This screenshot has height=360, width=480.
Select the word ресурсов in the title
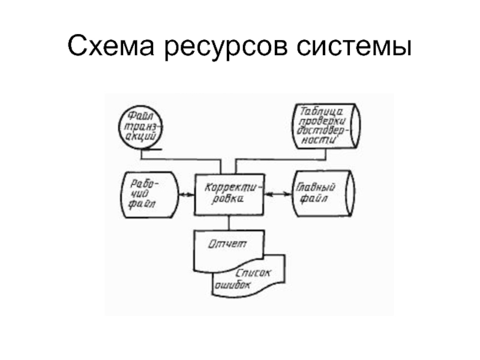click(225, 47)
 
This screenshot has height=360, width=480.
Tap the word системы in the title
click(355, 47)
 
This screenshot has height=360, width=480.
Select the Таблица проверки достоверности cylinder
click(327, 126)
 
